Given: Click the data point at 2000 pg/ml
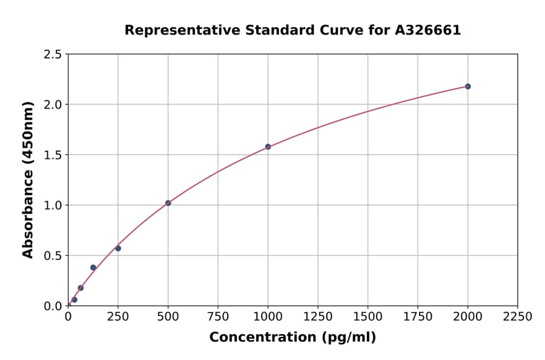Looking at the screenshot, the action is click(x=467, y=86).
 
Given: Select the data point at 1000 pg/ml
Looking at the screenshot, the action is click(x=268, y=147).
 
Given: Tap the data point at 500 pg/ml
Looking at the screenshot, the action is click(x=168, y=203).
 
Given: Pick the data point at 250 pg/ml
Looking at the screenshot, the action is click(x=118, y=248).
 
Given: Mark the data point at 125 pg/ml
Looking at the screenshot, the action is click(x=93, y=267).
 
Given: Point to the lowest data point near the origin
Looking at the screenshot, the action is click(x=74, y=299).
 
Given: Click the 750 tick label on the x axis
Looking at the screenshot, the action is click(x=218, y=317).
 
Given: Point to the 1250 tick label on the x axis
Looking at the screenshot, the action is click(x=318, y=317).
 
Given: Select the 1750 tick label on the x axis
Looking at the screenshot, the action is click(x=418, y=317).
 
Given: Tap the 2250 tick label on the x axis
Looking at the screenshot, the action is click(x=518, y=317).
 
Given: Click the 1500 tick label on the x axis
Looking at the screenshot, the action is click(x=368, y=317).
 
